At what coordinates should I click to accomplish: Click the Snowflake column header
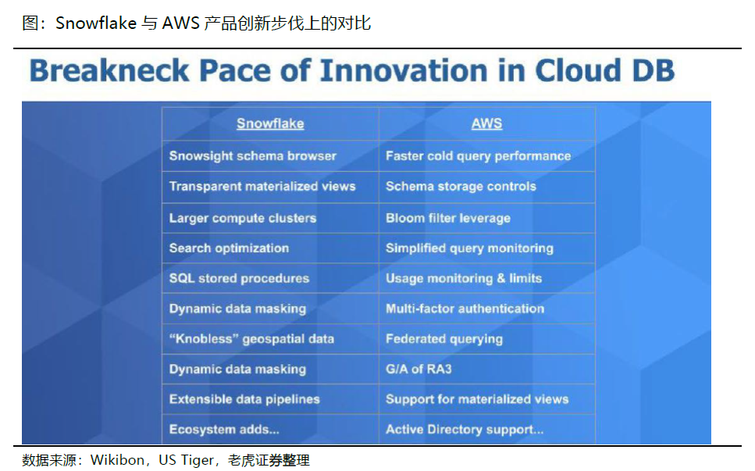point(270,123)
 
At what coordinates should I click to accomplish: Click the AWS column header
point(486,123)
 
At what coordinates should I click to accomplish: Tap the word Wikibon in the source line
point(117,460)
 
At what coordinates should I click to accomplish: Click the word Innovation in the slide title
point(404,71)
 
